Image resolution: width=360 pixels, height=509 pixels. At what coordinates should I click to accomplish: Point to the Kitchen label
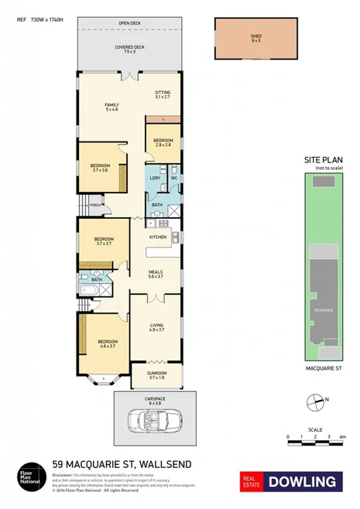[x=158, y=236]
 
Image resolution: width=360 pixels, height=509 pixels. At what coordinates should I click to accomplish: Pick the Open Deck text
[x=129, y=22]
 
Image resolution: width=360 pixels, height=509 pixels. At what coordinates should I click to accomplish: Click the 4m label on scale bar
[x=341, y=437]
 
